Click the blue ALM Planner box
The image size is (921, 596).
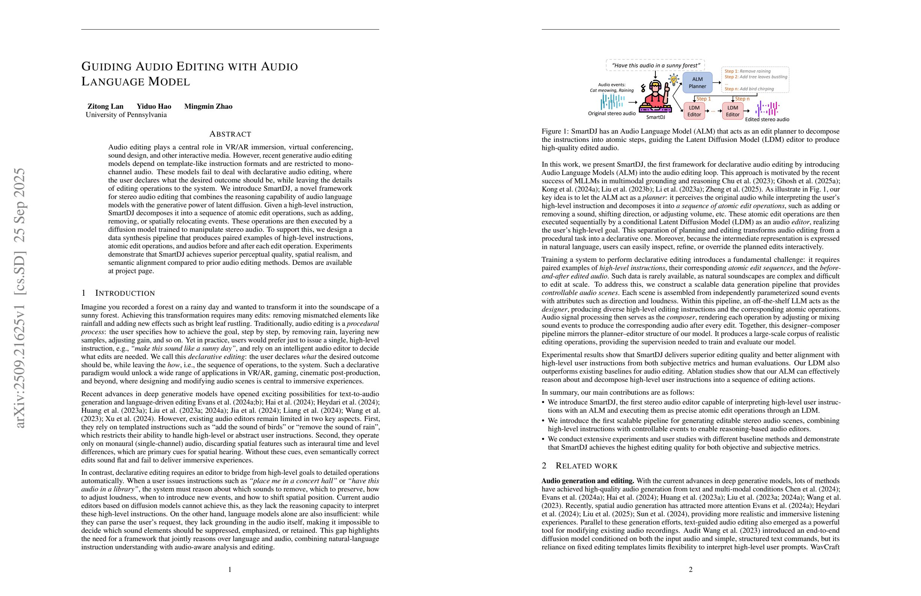coord(697,83)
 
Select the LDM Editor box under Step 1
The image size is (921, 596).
coord(694,111)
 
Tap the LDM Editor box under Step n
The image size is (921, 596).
coord(733,111)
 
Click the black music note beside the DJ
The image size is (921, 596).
coord(643,89)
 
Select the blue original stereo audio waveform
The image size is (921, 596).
coord(612,101)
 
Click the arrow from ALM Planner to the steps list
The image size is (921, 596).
coord(717,82)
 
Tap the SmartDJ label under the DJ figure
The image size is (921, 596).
coord(655,117)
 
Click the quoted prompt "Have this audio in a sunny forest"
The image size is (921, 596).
coord(655,65)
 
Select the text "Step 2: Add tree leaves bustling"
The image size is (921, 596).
coord(756,77)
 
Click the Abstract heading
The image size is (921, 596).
coord(230,134)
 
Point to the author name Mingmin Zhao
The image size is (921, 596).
coord(208,106)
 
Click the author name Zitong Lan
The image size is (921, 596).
coord(105,106)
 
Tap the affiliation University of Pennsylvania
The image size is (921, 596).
coord(126,115)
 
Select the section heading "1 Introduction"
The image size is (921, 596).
coord(118,293)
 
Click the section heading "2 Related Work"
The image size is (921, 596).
coord(579,465)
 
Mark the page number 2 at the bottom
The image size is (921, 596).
coord(690,569)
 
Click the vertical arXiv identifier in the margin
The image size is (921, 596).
coord(19,298)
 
